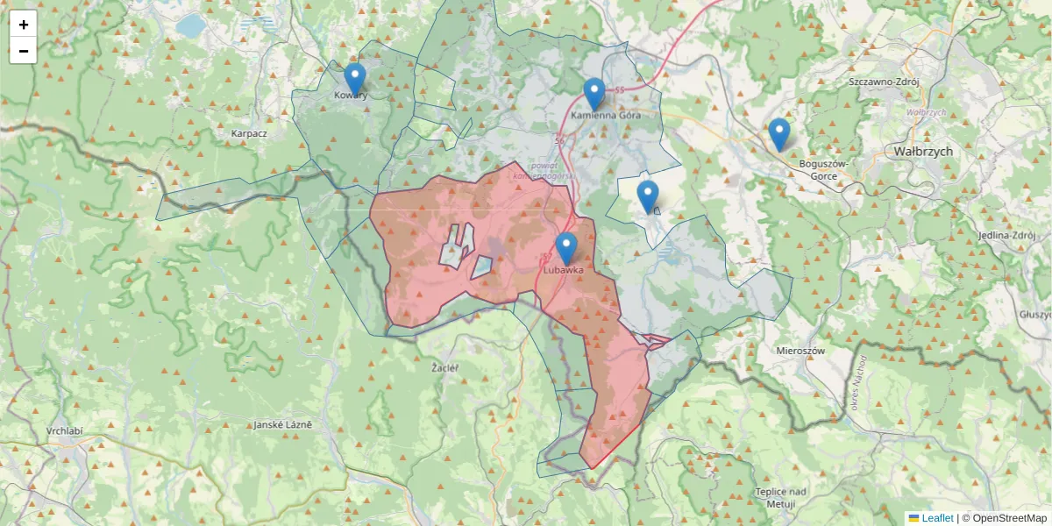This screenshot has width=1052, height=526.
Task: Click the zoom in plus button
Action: (x=24, y=25)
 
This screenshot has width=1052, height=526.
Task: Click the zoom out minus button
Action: (x=24, y=51)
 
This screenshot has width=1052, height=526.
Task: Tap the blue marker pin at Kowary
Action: (x=354, y=78)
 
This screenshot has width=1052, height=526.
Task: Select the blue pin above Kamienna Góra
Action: (x=594, y=93)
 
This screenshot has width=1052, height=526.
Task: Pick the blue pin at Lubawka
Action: (x=566, y=248)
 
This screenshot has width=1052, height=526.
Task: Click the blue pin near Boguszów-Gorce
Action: (x=778, y=133)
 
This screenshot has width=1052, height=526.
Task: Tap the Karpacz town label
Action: (x=248, y=133)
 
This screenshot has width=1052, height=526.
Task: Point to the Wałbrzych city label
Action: (x=923, y=151)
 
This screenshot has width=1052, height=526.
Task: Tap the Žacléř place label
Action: (x=445, y=368)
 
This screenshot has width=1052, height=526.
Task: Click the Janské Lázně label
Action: (x=282, y=425)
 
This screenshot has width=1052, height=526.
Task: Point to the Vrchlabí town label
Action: (x=66, y=432)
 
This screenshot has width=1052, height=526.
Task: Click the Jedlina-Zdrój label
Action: (x=1006, y=237)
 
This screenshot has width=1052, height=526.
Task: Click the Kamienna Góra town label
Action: (x=606, y=115)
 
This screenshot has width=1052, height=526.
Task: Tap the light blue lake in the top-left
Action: (x=189, y=25)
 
